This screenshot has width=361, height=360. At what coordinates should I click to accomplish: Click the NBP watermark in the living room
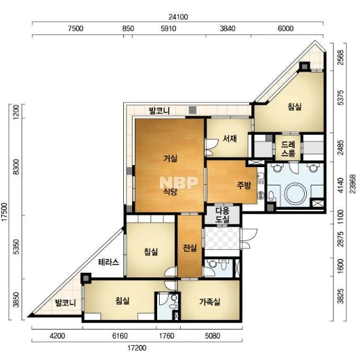179,183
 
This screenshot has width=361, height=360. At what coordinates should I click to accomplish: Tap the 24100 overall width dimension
178,17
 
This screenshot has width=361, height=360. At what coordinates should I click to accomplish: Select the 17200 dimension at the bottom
137,348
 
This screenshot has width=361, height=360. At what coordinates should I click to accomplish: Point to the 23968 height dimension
353,184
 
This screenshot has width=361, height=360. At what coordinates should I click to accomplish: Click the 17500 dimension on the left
4,212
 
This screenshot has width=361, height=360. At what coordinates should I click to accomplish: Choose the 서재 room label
230,139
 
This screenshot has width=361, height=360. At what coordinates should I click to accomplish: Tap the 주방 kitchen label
244,185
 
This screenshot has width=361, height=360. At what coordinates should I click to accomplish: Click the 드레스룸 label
288,149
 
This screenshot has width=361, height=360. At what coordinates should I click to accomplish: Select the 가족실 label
210,302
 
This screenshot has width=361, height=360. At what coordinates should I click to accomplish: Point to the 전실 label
190,248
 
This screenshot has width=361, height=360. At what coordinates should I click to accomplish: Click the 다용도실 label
222,215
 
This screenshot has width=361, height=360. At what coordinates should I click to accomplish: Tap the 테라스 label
108,262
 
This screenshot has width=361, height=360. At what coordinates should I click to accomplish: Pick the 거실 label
171,158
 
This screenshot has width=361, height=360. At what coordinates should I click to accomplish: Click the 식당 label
171,192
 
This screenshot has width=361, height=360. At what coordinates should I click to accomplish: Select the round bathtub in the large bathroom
296,194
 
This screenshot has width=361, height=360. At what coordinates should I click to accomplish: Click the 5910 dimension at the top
169,28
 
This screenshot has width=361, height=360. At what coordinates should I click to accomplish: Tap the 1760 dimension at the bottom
167,336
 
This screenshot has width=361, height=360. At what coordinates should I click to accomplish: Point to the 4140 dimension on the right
340,185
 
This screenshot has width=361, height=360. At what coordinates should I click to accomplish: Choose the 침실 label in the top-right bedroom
295,107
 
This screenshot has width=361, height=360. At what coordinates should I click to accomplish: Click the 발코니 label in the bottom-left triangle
66,302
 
